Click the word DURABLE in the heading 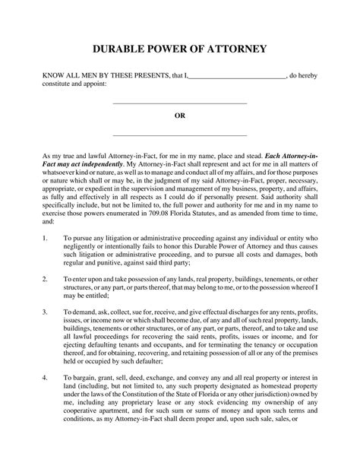(x=121, y=49)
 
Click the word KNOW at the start (x=52, y=77)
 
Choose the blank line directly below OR (x=179, y=135)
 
